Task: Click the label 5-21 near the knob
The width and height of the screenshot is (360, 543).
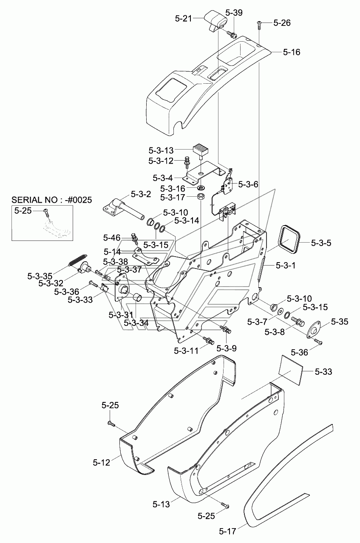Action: point(184,19)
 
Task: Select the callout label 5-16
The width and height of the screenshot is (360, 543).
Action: point(292,52)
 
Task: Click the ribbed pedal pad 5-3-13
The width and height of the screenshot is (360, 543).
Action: point(201,152)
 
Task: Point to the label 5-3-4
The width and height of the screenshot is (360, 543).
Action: point(163,178)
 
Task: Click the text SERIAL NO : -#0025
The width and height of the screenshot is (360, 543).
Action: point(51,200)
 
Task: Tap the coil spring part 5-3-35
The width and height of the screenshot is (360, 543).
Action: point(77,260)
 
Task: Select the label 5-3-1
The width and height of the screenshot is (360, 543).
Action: point(286,266)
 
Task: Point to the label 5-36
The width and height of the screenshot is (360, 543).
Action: point(299,353)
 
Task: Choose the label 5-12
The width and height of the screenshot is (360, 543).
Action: point(101,463)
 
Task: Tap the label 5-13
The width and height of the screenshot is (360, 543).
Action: point(161,504)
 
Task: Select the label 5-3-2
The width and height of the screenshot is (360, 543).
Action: point(141,194)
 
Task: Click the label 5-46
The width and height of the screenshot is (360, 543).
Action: point(112,238)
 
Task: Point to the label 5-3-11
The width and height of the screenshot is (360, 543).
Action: point(186,351)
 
